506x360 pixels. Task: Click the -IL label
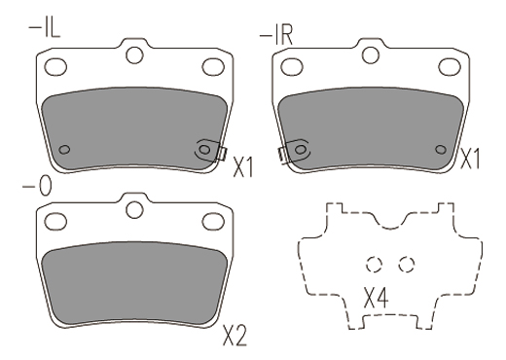pyautogui.click(x=45, y=28)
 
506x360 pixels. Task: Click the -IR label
pyautogui.click(x=276, y=35)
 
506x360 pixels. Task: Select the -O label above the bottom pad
pyautogui.click(x=37, y=187)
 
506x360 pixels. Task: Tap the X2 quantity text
pyautogui.click(x=235, y=336)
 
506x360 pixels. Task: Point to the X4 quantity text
pyautogui.click(x=376, y=298)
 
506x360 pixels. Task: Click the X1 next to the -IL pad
pyautogui.click(x=243, y=166)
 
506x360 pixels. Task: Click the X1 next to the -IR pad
pyautogui.click(x=470, y=159)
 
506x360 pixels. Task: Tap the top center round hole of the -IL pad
pyautogui.click(x=134, y=54)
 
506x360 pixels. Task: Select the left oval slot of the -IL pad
pyautogui.click(x=55, y=67)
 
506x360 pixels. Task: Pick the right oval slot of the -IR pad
pyautogui.click(x=450, y=67)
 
